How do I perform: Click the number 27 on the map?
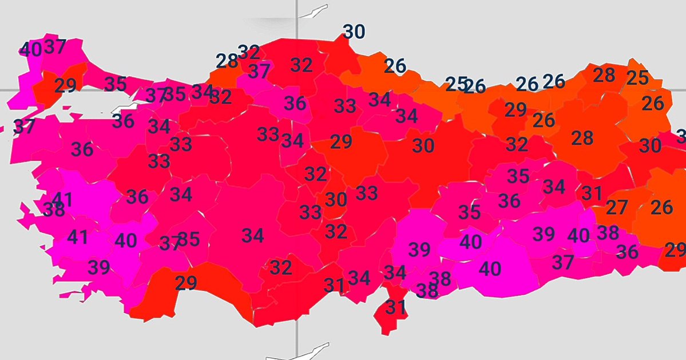(617, 207)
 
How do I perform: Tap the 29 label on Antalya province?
(186, 283)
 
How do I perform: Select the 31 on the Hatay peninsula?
(395, 308)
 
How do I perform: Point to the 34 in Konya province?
(252, 235)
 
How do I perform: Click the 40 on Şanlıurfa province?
(490, 268)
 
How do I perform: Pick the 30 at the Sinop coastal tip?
(354, 32)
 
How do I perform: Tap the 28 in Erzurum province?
(582, 138)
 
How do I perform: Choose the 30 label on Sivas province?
(423, 146)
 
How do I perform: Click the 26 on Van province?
(661, 207)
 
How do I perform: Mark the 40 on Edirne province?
(30, 50)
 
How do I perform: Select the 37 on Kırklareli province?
(55, 46)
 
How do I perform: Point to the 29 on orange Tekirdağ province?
(65, 86)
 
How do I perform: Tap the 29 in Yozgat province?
(341, 142)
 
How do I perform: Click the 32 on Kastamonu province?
(301, 65)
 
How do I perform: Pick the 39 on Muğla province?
(99, 267)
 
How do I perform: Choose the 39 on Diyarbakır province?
(544, 234)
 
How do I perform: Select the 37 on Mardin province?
(563, 262)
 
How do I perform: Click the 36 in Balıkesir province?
(82, 149)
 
